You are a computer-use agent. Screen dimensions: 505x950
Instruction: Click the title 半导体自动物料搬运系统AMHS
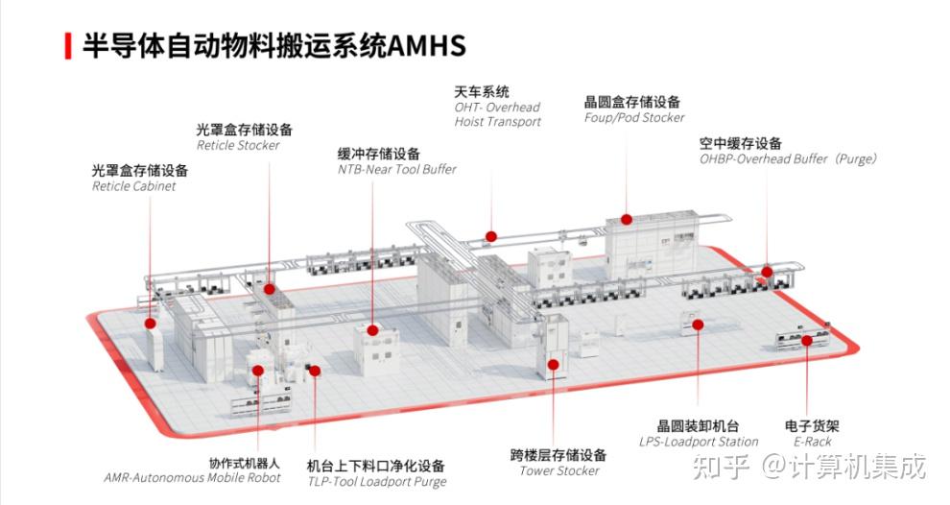273,46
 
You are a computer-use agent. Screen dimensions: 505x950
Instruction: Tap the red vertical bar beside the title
67,46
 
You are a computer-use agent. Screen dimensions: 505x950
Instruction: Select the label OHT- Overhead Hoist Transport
497,114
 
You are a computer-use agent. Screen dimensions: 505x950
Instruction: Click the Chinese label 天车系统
482,92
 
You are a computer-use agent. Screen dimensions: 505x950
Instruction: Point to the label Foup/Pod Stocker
634,117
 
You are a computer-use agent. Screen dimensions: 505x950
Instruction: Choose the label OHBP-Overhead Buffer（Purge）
788,158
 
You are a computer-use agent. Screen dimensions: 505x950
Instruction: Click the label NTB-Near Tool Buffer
396,169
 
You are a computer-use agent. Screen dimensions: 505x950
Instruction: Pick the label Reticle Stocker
238,145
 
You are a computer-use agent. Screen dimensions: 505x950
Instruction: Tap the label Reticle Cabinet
133,186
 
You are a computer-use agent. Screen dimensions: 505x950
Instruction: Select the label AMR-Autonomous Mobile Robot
192,477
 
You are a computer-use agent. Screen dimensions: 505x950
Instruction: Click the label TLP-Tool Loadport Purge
376,482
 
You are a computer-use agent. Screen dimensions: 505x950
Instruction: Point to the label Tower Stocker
559,470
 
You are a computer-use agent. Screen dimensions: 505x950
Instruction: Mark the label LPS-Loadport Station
699,442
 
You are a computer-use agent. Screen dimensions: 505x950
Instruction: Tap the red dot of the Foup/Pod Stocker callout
626,219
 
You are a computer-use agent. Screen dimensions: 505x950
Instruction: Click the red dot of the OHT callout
490,235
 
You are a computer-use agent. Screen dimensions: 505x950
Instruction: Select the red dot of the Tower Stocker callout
553,364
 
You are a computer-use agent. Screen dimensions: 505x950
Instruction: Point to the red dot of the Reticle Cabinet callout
151,324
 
